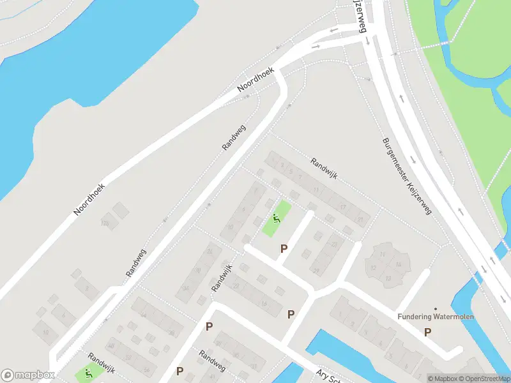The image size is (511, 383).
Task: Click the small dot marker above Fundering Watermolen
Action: click(436, 309)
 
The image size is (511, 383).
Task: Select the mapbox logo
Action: click(27, 375)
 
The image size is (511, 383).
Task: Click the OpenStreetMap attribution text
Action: click(483, 379)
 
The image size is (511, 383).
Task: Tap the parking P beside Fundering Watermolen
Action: click(427, 331)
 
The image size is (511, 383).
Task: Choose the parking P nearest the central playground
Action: click(284, 248)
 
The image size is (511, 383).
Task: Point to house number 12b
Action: click(104, 223)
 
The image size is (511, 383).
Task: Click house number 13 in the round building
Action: click(383, 254)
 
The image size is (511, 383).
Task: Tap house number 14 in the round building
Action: click(398, 264)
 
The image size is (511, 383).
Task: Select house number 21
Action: click(361, 220)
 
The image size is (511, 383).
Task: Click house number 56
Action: click(147, 370)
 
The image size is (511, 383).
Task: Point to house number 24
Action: click(144, 315)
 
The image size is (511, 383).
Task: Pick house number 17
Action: click(343, 207)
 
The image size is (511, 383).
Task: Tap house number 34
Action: click(187, 288)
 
